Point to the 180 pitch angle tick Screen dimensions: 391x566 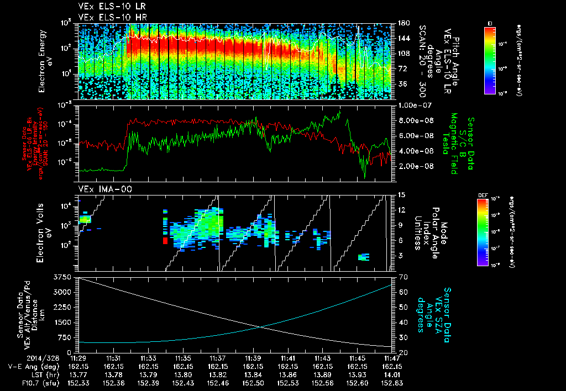click(x=402, y=23)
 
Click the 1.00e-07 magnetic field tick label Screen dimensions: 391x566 click(x=415, y=105)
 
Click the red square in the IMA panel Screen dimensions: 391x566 click(x=165, y=240)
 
